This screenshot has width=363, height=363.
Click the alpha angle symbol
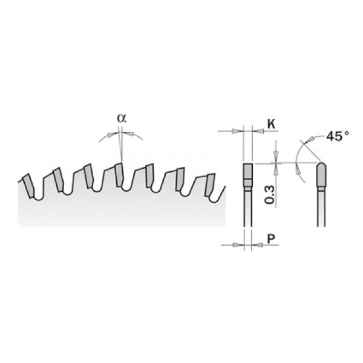point(122,119)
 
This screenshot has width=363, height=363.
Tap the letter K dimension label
point(271,124)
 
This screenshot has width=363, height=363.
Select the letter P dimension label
point(271,238)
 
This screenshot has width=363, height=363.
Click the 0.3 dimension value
point(270,194)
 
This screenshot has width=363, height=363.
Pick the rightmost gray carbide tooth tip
point(210,185)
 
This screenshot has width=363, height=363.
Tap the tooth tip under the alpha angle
point(119,174)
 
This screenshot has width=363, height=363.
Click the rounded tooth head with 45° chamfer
point(321,175)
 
